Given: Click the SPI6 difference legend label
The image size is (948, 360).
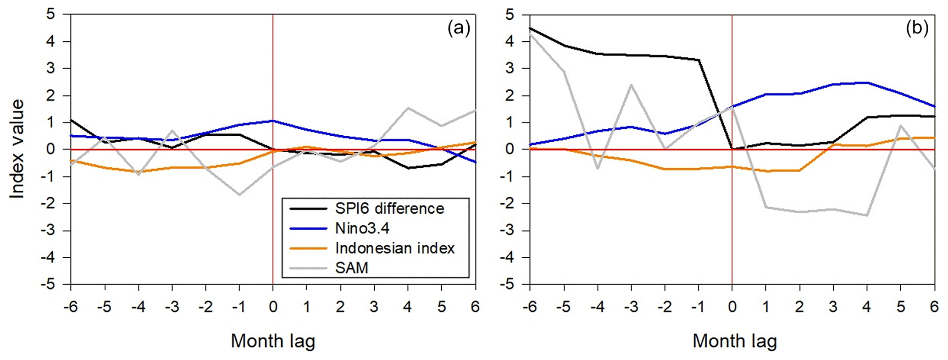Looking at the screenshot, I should click(x=389, y=209).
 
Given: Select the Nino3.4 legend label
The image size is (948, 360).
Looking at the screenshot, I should click(x=362, y=228).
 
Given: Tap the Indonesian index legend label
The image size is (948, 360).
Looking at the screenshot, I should click(x=395, y=248).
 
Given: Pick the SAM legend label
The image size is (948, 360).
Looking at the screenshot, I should click(x=352, y=268).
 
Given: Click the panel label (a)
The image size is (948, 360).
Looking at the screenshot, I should click(x=459, y=29).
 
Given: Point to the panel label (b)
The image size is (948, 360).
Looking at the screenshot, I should click(x=917, y=29).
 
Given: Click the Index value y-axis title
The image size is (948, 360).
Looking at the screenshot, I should click(x=17, y=149).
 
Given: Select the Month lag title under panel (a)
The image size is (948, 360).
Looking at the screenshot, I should click(x=273, y=341).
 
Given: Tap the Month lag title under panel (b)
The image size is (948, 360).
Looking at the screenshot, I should click(x=735, y=341).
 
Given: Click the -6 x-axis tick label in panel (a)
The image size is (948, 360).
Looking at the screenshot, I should click(x=71, y=306).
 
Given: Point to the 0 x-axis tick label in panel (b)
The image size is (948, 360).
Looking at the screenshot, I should click(x=732, y=306).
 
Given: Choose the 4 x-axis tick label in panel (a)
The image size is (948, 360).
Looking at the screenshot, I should click(x=408, y=306).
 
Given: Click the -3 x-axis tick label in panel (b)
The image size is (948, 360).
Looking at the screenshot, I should click(x=631, y=306).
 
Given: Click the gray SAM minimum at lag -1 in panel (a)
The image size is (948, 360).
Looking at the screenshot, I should click(x=239, y=195).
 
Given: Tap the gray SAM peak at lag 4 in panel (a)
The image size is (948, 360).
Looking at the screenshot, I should click(x=408, y=108).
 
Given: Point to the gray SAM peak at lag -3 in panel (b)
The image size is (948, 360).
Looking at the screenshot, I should click(x=631, y=85).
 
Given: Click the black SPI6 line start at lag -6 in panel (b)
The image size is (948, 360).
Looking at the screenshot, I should click(x=530, y=28).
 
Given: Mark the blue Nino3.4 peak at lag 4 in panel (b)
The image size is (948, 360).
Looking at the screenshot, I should click(x=867, y=83).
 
